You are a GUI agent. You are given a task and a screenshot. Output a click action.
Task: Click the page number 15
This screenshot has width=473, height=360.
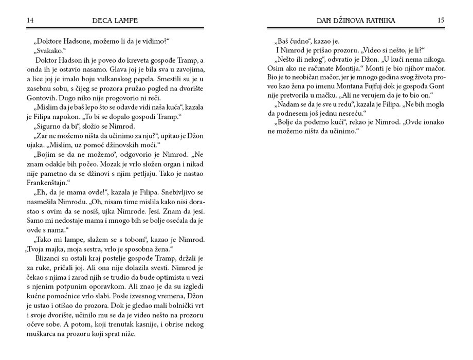[441, 21]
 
